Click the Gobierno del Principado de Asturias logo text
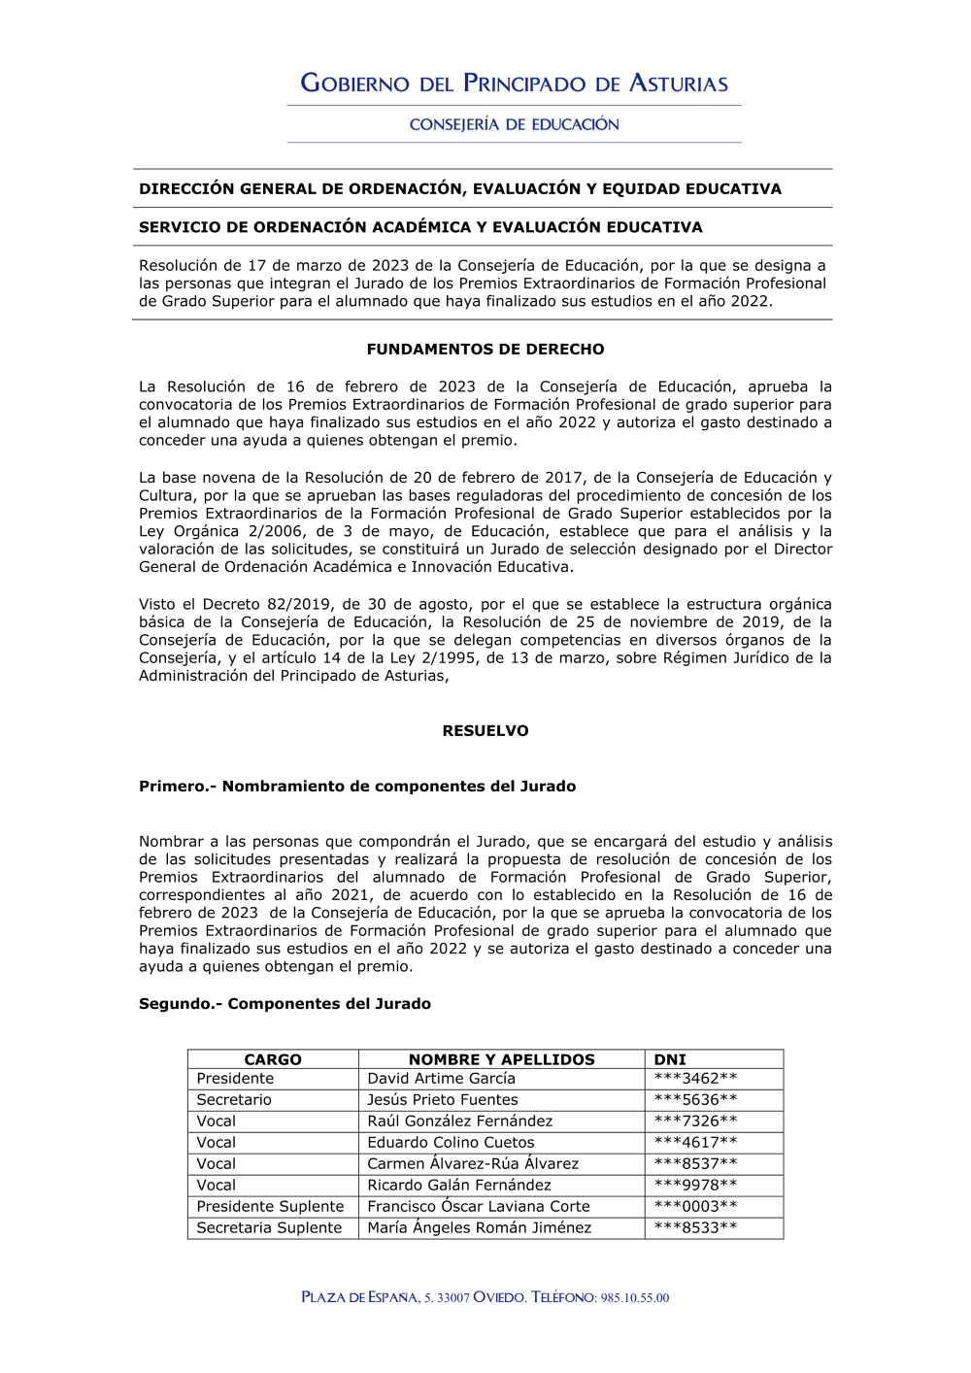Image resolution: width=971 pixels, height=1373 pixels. click(x=514, y=84)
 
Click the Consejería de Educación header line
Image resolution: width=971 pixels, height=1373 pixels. click(x=514, y=124)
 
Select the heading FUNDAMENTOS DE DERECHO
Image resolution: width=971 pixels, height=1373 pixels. click(x=485, y=350)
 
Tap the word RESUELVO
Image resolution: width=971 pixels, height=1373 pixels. click(x=485, y=731)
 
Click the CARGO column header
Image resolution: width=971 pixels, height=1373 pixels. click(x=273, y=1059)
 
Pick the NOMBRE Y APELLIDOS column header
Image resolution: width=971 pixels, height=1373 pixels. click(x=501, y=1059)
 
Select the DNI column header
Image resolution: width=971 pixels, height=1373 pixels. click(x=670, y=1059)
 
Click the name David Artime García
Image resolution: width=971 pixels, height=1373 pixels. click(x=441, y=1079)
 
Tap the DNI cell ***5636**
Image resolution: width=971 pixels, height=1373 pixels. click(x=695, y=1100)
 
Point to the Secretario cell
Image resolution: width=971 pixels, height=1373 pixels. click(x=234, y=1100)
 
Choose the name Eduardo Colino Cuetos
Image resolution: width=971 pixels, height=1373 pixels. click(x=451, y=1143)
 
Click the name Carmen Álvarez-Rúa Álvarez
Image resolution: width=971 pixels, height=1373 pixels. click(x=472, y=1164)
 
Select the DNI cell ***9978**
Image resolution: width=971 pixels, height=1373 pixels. click(x=695, y=1186)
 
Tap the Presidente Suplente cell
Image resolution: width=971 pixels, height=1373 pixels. click(x=270, y=1207)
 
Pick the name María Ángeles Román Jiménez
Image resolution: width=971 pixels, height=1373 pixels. click(x=479, y=1228)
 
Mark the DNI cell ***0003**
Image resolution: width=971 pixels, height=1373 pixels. click(x=695, y=1207)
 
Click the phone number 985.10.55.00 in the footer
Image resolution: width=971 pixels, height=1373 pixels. click(x=635, y=1298)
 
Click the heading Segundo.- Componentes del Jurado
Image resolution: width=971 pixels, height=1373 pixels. click(x=285, y=1004)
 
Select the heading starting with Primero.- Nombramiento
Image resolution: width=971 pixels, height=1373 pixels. click(x=357, y=787)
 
